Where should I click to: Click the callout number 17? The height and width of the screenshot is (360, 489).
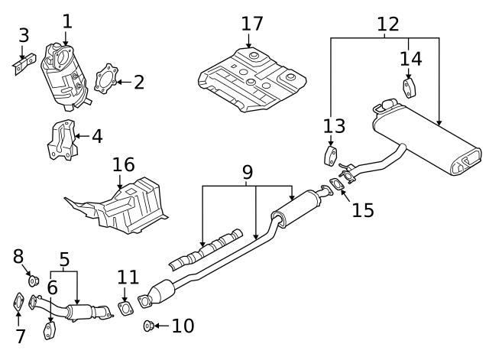click(x=251, y=24)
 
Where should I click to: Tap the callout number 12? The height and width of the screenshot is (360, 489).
click(x=387, y=23)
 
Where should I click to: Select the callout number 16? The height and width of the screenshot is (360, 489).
click(x=123, y=164)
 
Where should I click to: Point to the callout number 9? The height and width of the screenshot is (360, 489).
click(x=248, y=173)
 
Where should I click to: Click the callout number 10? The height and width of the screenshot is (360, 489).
click(x=183, y=326)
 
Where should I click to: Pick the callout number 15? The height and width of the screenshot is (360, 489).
click(x=363, y=209)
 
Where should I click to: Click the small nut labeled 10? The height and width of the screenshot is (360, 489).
click(x=148, y=327)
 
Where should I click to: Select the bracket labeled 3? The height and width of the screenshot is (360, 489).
click(x=21, y=63)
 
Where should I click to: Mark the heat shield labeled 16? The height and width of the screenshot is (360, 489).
click(x=118, y=204)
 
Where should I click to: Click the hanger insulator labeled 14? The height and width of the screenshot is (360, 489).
click(x=409, y=89)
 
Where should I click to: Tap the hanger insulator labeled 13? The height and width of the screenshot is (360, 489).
click(x=330, y=157)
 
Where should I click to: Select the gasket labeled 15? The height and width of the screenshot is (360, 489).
click(x=337, y=184)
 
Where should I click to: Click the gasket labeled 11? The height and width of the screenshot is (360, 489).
click(x=125, y=308)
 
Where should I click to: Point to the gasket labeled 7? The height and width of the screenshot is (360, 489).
click(x=19, y=303)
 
